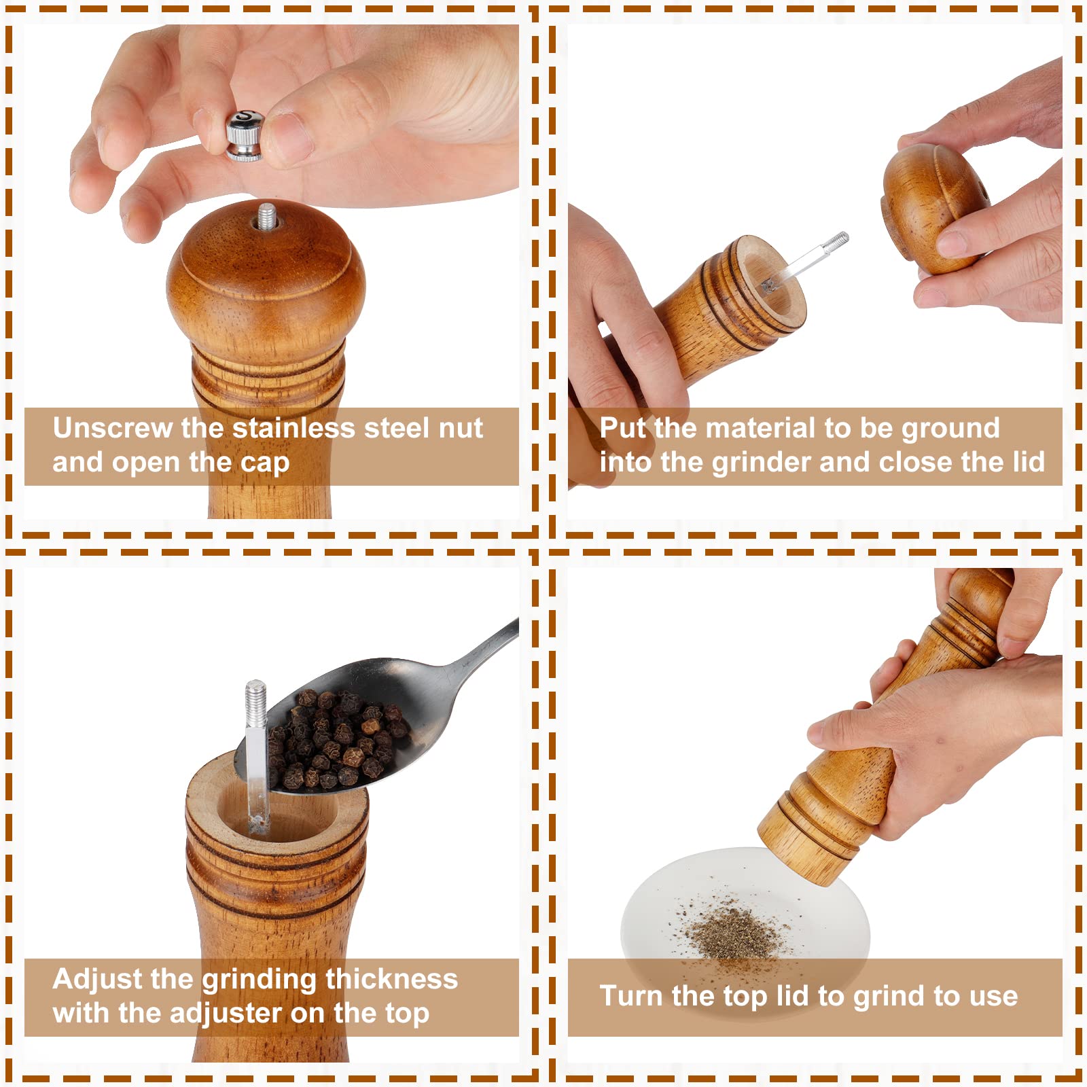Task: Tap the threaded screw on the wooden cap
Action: [267, 216]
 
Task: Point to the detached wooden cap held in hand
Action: [934, 207]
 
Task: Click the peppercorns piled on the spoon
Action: [336, 741]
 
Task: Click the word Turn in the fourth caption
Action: [631, 997]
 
